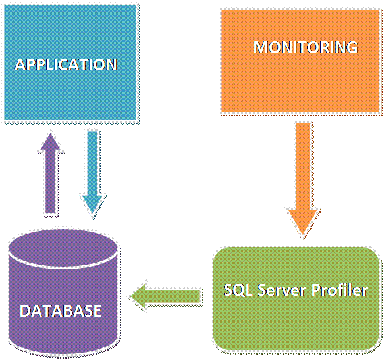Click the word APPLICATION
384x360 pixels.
coord(66,64)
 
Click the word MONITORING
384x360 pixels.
coord(306,47)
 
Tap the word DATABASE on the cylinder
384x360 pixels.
coord(61,309)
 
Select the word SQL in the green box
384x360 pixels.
coord(236,290)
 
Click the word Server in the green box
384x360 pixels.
coord(283,290)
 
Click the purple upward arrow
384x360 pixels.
coord(50,174)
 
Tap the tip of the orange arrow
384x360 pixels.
coord(302,236)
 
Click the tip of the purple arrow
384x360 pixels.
coord(50,128)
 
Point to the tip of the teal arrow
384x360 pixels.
coord(92,215)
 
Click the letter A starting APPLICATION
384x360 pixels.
coord(20,64)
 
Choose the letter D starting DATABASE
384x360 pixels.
coord(24,309)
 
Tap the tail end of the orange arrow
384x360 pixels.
coord(302,125)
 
